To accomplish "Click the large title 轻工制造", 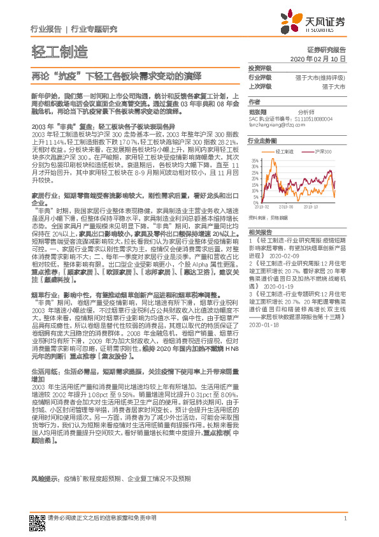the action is pos(59,51).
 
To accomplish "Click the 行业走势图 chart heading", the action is pos(262,140).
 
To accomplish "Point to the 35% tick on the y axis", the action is pos(255,159).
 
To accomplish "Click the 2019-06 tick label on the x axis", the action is pos(286,207).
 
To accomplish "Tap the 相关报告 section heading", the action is pos(260,232).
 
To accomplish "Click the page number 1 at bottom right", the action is pos(345,518).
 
